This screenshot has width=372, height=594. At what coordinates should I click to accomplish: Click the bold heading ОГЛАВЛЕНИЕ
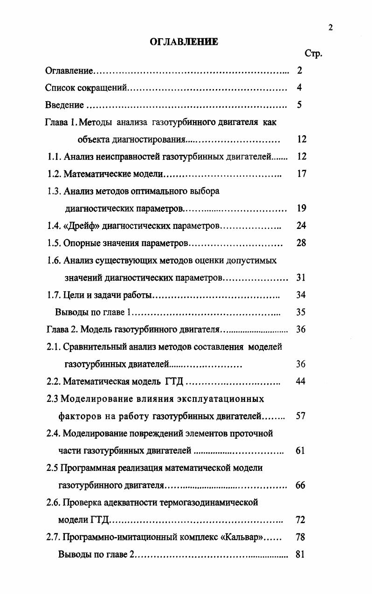point(184,41)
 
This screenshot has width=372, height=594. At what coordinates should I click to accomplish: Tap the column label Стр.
point(313,54)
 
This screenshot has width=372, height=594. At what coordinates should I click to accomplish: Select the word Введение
point(65,105)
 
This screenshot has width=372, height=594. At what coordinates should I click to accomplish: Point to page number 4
point(299,88)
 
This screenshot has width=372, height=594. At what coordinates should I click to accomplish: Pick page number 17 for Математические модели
point(301,174)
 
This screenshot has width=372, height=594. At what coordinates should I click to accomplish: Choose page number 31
point(301,278)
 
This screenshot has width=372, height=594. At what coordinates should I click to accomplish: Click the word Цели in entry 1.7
point(73,295)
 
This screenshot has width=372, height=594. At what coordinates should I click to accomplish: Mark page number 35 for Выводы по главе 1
point(301,312)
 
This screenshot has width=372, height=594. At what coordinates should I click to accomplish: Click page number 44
point(301,381)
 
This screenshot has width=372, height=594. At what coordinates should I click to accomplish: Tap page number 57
point(301,416)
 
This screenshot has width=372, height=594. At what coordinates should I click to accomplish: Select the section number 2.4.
point(53,434)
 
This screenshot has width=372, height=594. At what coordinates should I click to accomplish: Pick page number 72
point(301,520)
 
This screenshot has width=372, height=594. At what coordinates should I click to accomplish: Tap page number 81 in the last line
point(301,554)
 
